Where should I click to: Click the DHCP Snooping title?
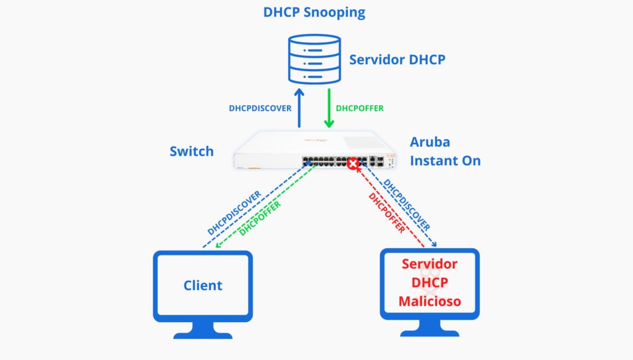click(x=314, y=12)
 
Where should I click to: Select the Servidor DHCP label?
click(x=397, y=60)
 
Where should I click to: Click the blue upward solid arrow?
click(x=299, y=108)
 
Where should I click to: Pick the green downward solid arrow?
click(x=328, y=108)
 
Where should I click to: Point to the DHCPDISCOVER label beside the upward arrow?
click(x=260, y=108)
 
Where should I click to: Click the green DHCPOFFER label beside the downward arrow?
click(x=360, y=108)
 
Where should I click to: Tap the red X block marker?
click(x=353, y=165)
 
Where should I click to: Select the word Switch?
click(x=192, y=151)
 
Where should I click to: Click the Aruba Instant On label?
click(x=445, y=151)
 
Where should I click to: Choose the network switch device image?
click(x=315, y=152)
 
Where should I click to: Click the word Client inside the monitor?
click(x=203, y=285)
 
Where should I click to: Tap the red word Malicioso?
click(x=430, y=302)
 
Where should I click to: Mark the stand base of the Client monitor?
click(x=203, y=334)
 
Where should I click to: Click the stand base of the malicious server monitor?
click(x=430, y=332)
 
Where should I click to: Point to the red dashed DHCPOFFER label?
click(x=386, y=213)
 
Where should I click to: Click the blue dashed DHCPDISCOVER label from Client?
click(x=234, y=212)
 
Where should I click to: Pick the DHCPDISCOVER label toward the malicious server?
click(x=407, y=204)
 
